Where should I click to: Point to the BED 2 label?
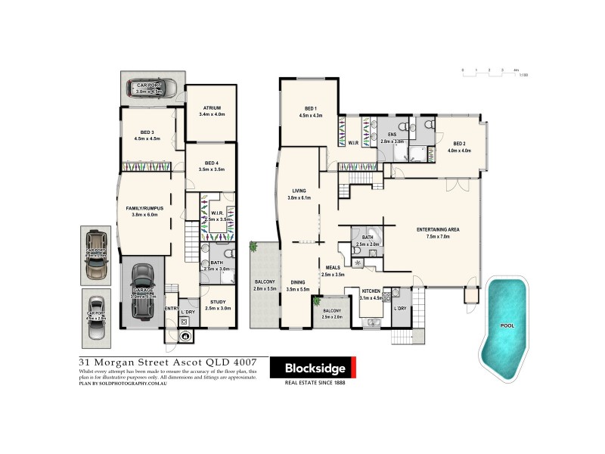click(459, 143)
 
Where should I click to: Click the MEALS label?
click(332, 267)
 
